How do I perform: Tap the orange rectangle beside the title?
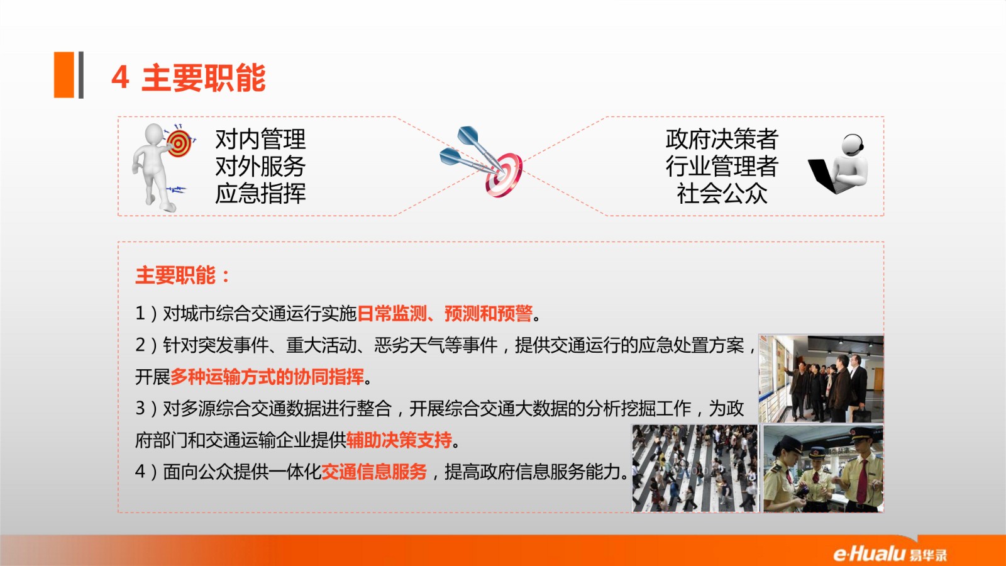pyautogui.click(x=64, y=75)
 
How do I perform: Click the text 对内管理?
pyautogui.click(x=260, y=139)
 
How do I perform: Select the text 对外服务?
pyautogui.click(x=260, y=166)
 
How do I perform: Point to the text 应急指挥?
pyautogui.click(x=260, y=194)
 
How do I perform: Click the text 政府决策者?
pyautogui.click(x=722, y=139)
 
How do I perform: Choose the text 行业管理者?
pyautogui.click(x=722, y=166)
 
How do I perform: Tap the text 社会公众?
pyautogui.click(x=722, y=194)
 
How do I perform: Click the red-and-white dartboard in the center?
pyautogui.click(x=504, y=174)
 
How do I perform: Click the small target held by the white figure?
pyautogui.click(x=179, y=143)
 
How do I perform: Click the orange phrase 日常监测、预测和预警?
pyautogui.click(x=445, y=313)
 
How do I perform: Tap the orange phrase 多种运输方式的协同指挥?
pyautogui.click(x=267, y=377)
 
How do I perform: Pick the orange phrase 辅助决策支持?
pyautogui.click(x=399, y=440)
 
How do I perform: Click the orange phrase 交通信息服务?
pyautogui.click(x=374, y=472)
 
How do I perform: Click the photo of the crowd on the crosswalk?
pyautogui.click(x=695, y=469)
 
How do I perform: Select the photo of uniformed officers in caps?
pyautogui.click(x=823, y=469)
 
